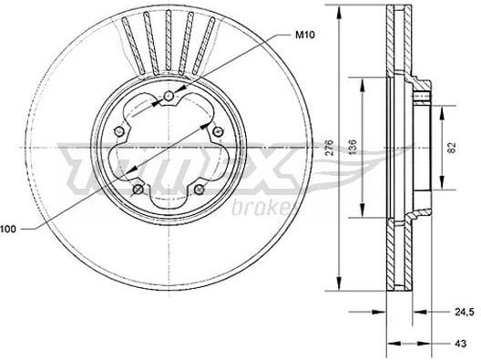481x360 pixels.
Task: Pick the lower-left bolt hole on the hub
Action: pyautogui.click(x=138, y=190)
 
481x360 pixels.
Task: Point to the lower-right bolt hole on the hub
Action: pyautogui.click(x=199, y=190)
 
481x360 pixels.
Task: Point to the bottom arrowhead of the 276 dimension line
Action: pyautogui.click(x=340, y=284)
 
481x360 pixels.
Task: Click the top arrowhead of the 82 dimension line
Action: pyautogui.click(x=443, y=108)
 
